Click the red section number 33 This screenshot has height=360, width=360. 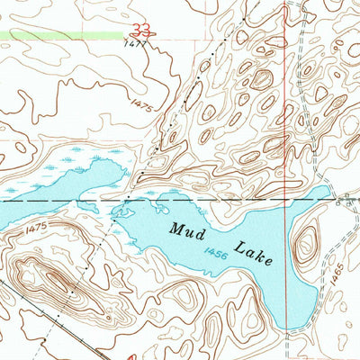[x=139, y=28]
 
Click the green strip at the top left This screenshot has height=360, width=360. [x=54, y=34]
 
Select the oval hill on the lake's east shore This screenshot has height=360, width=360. [x=307, y=244]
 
